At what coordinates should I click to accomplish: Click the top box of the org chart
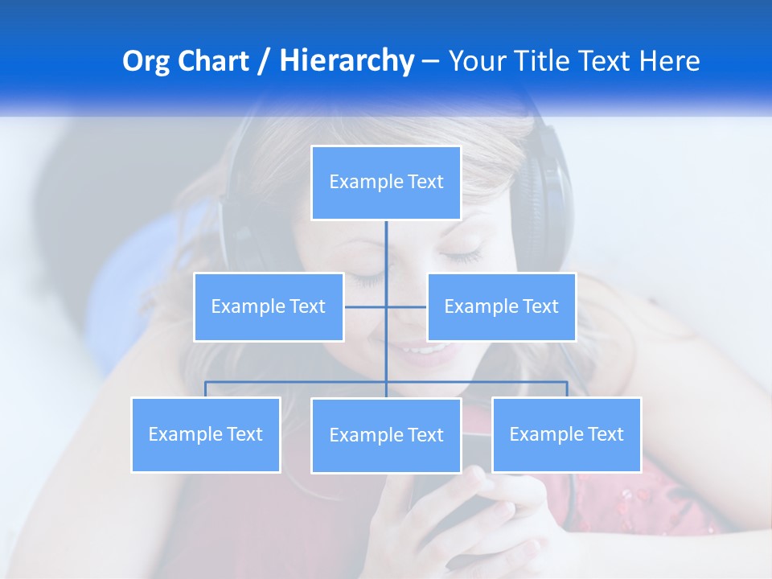(x=386, y=183)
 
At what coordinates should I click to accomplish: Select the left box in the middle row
(x=269, y=306)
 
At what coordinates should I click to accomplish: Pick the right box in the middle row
(x=501, y=306)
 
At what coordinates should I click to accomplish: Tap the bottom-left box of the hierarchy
(x=206, y=434)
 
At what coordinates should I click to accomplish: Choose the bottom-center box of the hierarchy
(x=386, y=435)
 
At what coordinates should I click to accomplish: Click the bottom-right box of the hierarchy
(x=566, y=434)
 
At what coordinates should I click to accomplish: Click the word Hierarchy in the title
(x=347, y=61)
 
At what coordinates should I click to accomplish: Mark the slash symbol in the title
(x=264, y=61)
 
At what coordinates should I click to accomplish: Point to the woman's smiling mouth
(x=424, y=350)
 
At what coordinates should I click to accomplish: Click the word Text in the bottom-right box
(x=606, y=434)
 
